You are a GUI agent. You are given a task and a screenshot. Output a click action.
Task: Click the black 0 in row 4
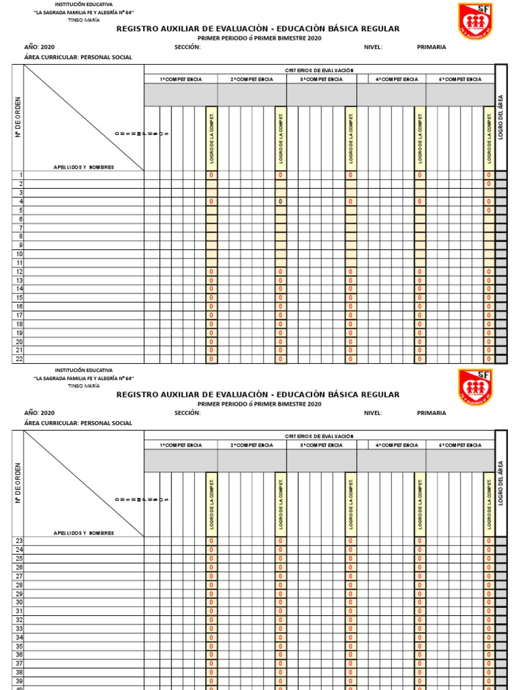pos(280,201)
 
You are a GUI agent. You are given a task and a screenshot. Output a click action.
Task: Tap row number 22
pos(20,359)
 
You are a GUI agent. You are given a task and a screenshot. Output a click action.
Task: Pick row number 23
pos(20,541)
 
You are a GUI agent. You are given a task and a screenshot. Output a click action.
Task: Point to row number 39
pos(20,681)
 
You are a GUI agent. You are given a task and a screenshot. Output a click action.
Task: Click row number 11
pos(20,263)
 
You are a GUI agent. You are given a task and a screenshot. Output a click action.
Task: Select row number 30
pos(20,602)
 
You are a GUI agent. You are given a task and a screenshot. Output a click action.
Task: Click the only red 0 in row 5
pos(489,210)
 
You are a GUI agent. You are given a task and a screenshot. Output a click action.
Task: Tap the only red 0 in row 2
pos(489,184)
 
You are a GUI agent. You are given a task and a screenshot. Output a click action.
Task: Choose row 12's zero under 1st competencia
pos(211,272)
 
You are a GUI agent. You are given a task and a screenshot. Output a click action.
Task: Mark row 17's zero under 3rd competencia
pos(350,315)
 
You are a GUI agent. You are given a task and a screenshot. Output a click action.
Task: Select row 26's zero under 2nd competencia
pos(280,567)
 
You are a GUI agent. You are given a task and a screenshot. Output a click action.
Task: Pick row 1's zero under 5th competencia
pos(489,175)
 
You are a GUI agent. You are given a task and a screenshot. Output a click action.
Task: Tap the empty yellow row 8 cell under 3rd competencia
pos(350,237)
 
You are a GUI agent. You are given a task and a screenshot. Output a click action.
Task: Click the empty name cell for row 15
pos(84,298)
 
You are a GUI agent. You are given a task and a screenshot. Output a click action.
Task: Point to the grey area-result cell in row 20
pos(501,342)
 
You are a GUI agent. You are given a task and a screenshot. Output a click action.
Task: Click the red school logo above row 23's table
pos(476,387)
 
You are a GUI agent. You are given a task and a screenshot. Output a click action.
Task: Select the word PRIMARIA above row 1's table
pos(431,46)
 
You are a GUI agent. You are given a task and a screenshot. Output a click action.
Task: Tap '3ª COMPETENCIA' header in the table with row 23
pos(322,445)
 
